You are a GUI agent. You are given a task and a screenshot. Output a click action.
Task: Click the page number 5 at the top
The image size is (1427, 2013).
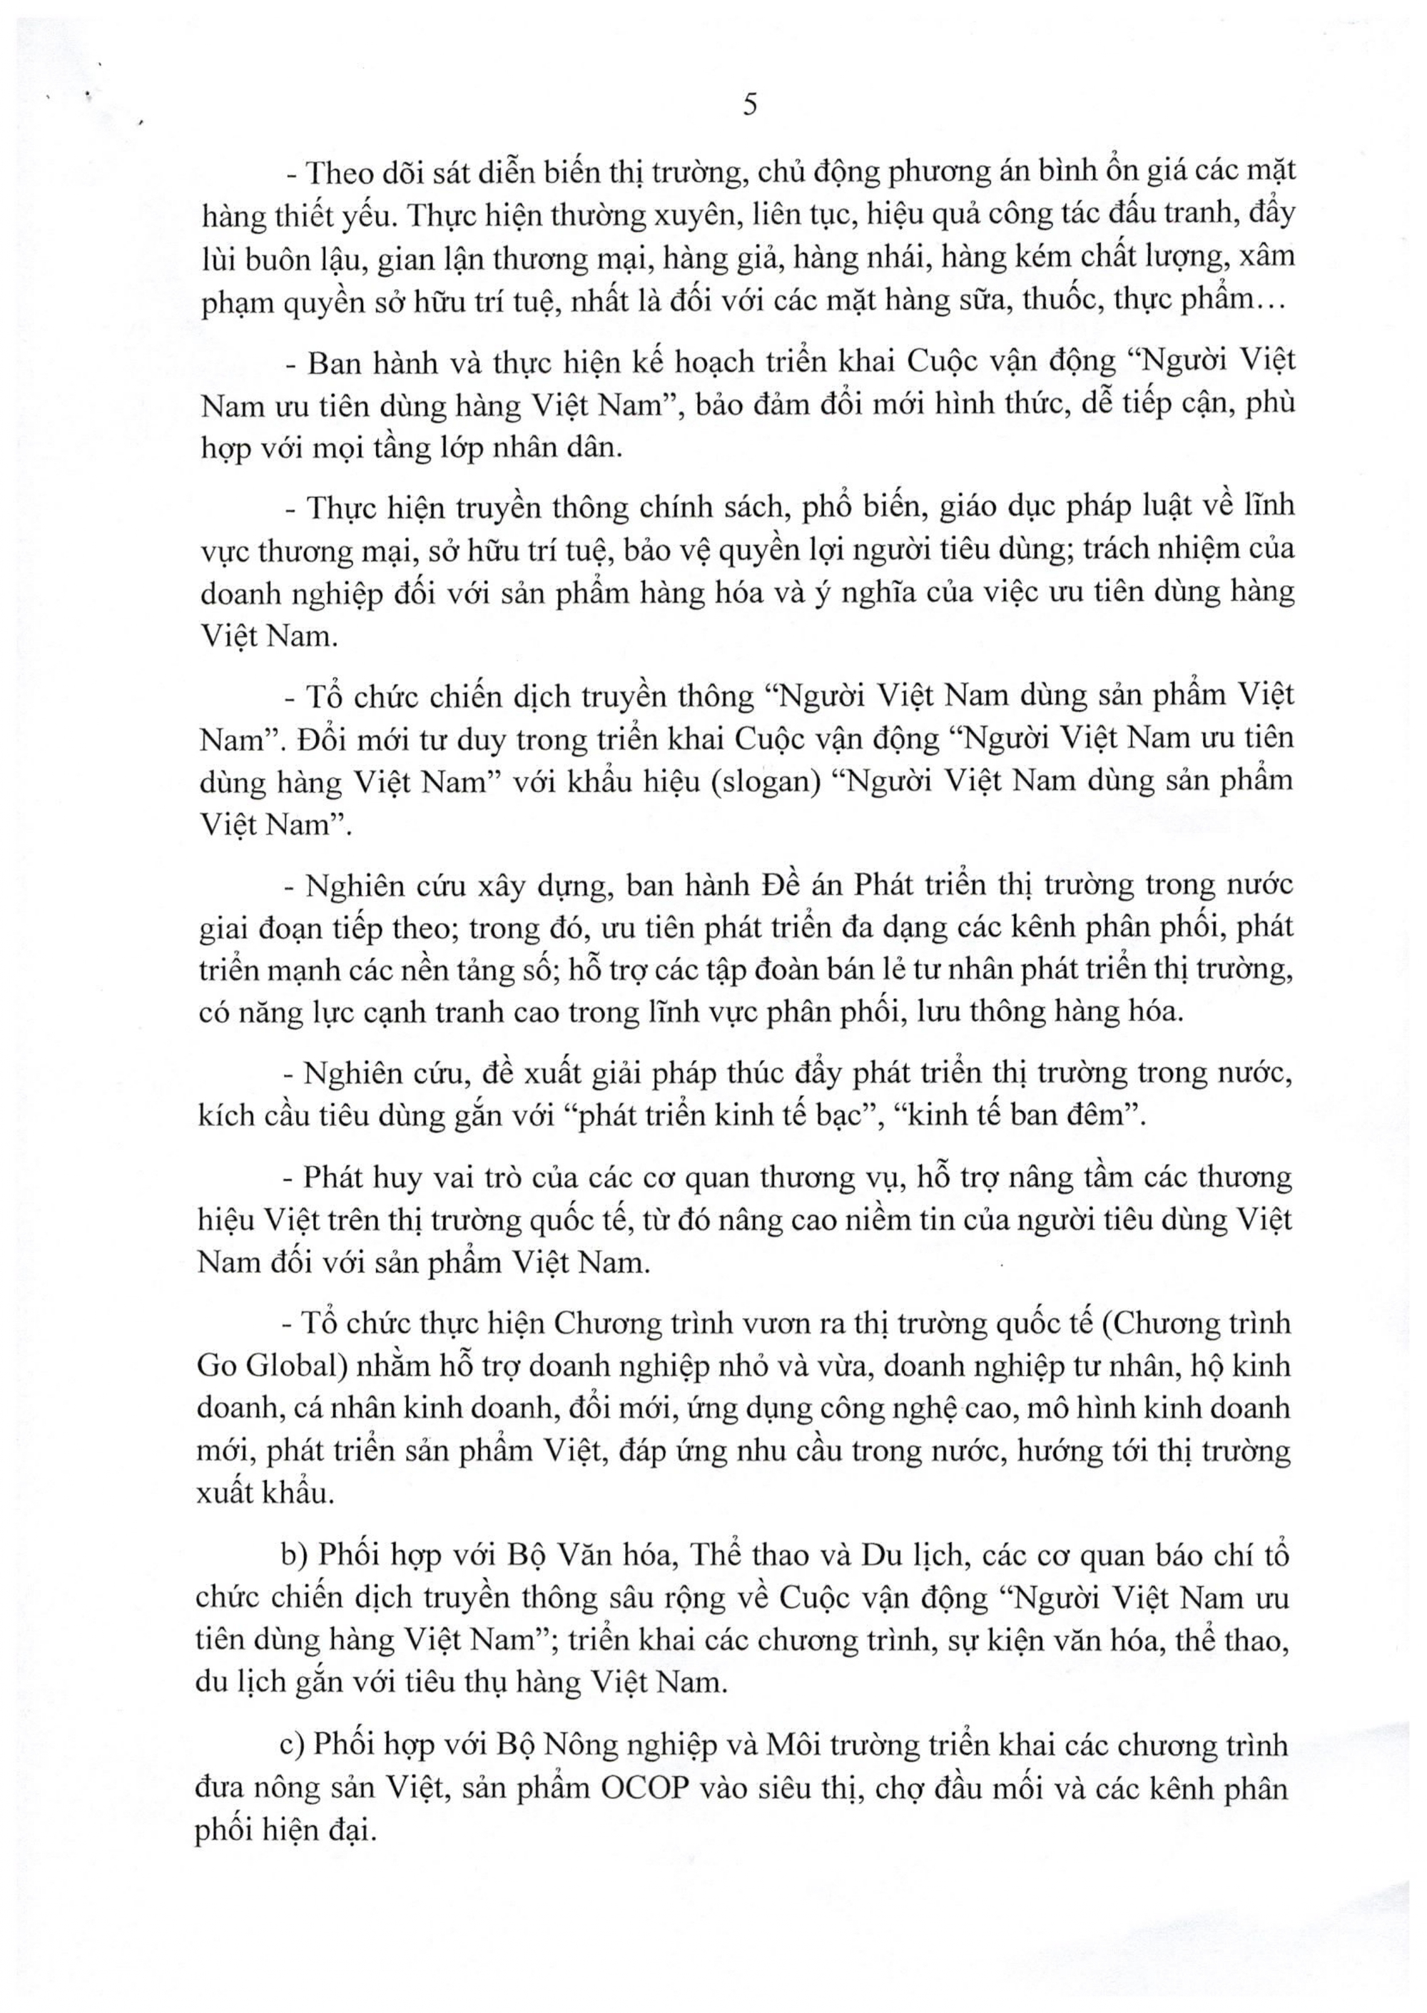tap(749, 106)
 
